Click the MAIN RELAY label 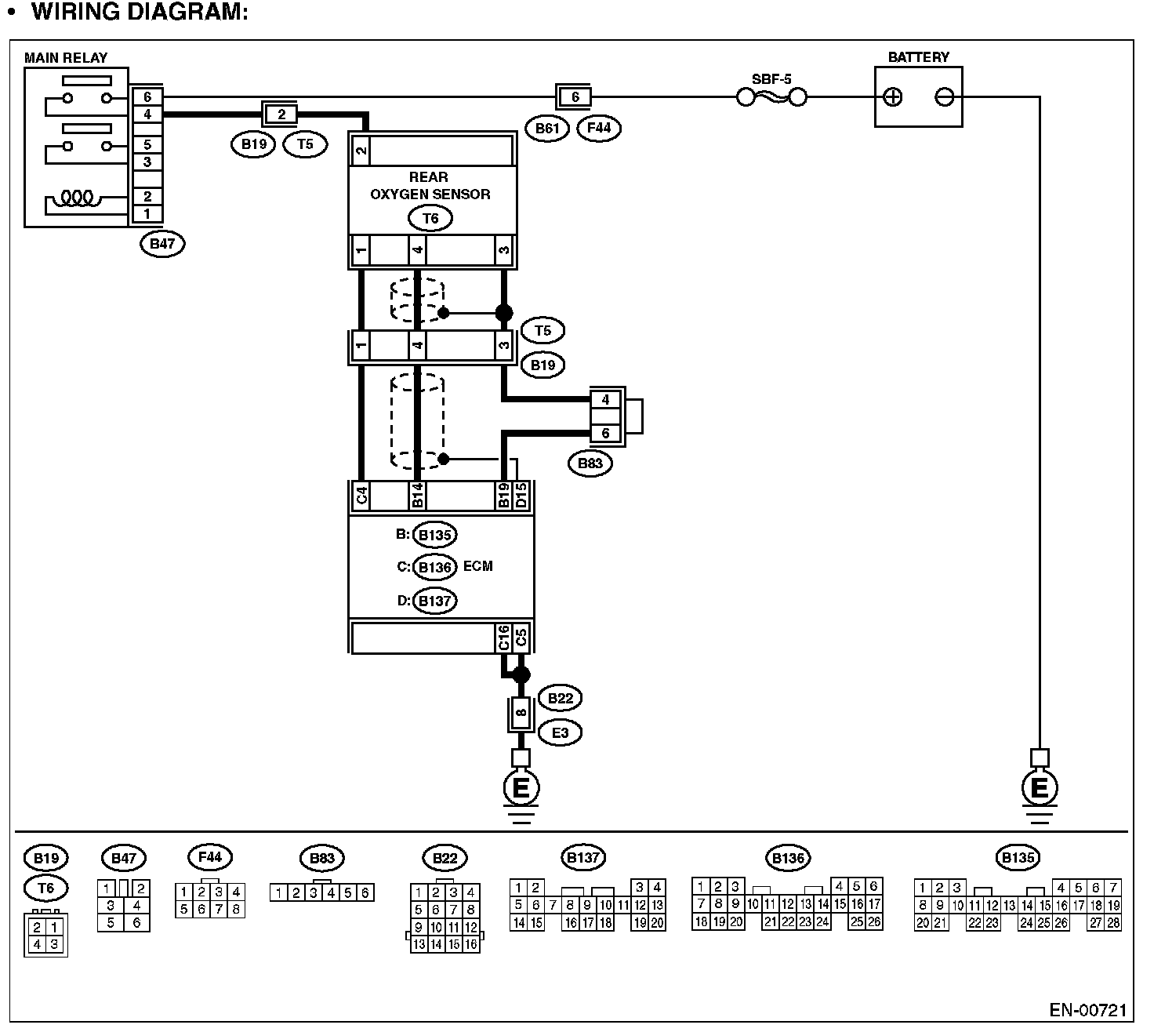pos(66,57)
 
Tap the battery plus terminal pos(892,97)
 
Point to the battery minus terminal pos(945,97)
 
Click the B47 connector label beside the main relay pos(162,243)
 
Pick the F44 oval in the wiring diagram pos(598,127)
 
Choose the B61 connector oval pos(546,127)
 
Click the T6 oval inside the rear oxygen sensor pos(430,219)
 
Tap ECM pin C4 pos(361,496)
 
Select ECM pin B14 pos(417,496)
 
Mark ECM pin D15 pos(521,496)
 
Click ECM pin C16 pos(503,638)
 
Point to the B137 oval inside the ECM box pos(434,601)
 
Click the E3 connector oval pos(560,733)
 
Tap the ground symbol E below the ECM pos(521,787)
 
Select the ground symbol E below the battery pos(1040,787)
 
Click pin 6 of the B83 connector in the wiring pos(605,434)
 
